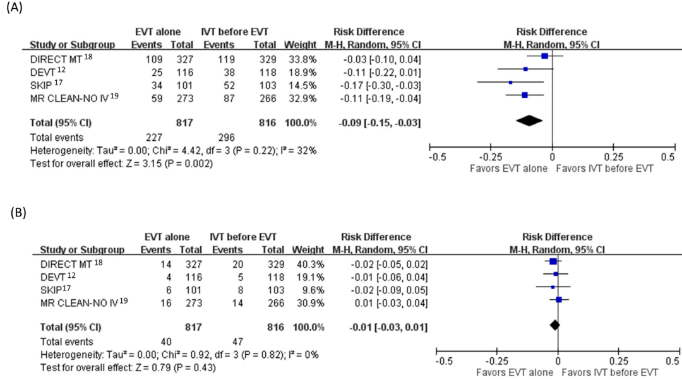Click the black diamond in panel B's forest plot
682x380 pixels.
coord(554,325)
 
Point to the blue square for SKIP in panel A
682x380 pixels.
coord(510,83)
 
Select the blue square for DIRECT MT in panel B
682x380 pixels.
coord(553,261)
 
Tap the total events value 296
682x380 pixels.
coord(226,137)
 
